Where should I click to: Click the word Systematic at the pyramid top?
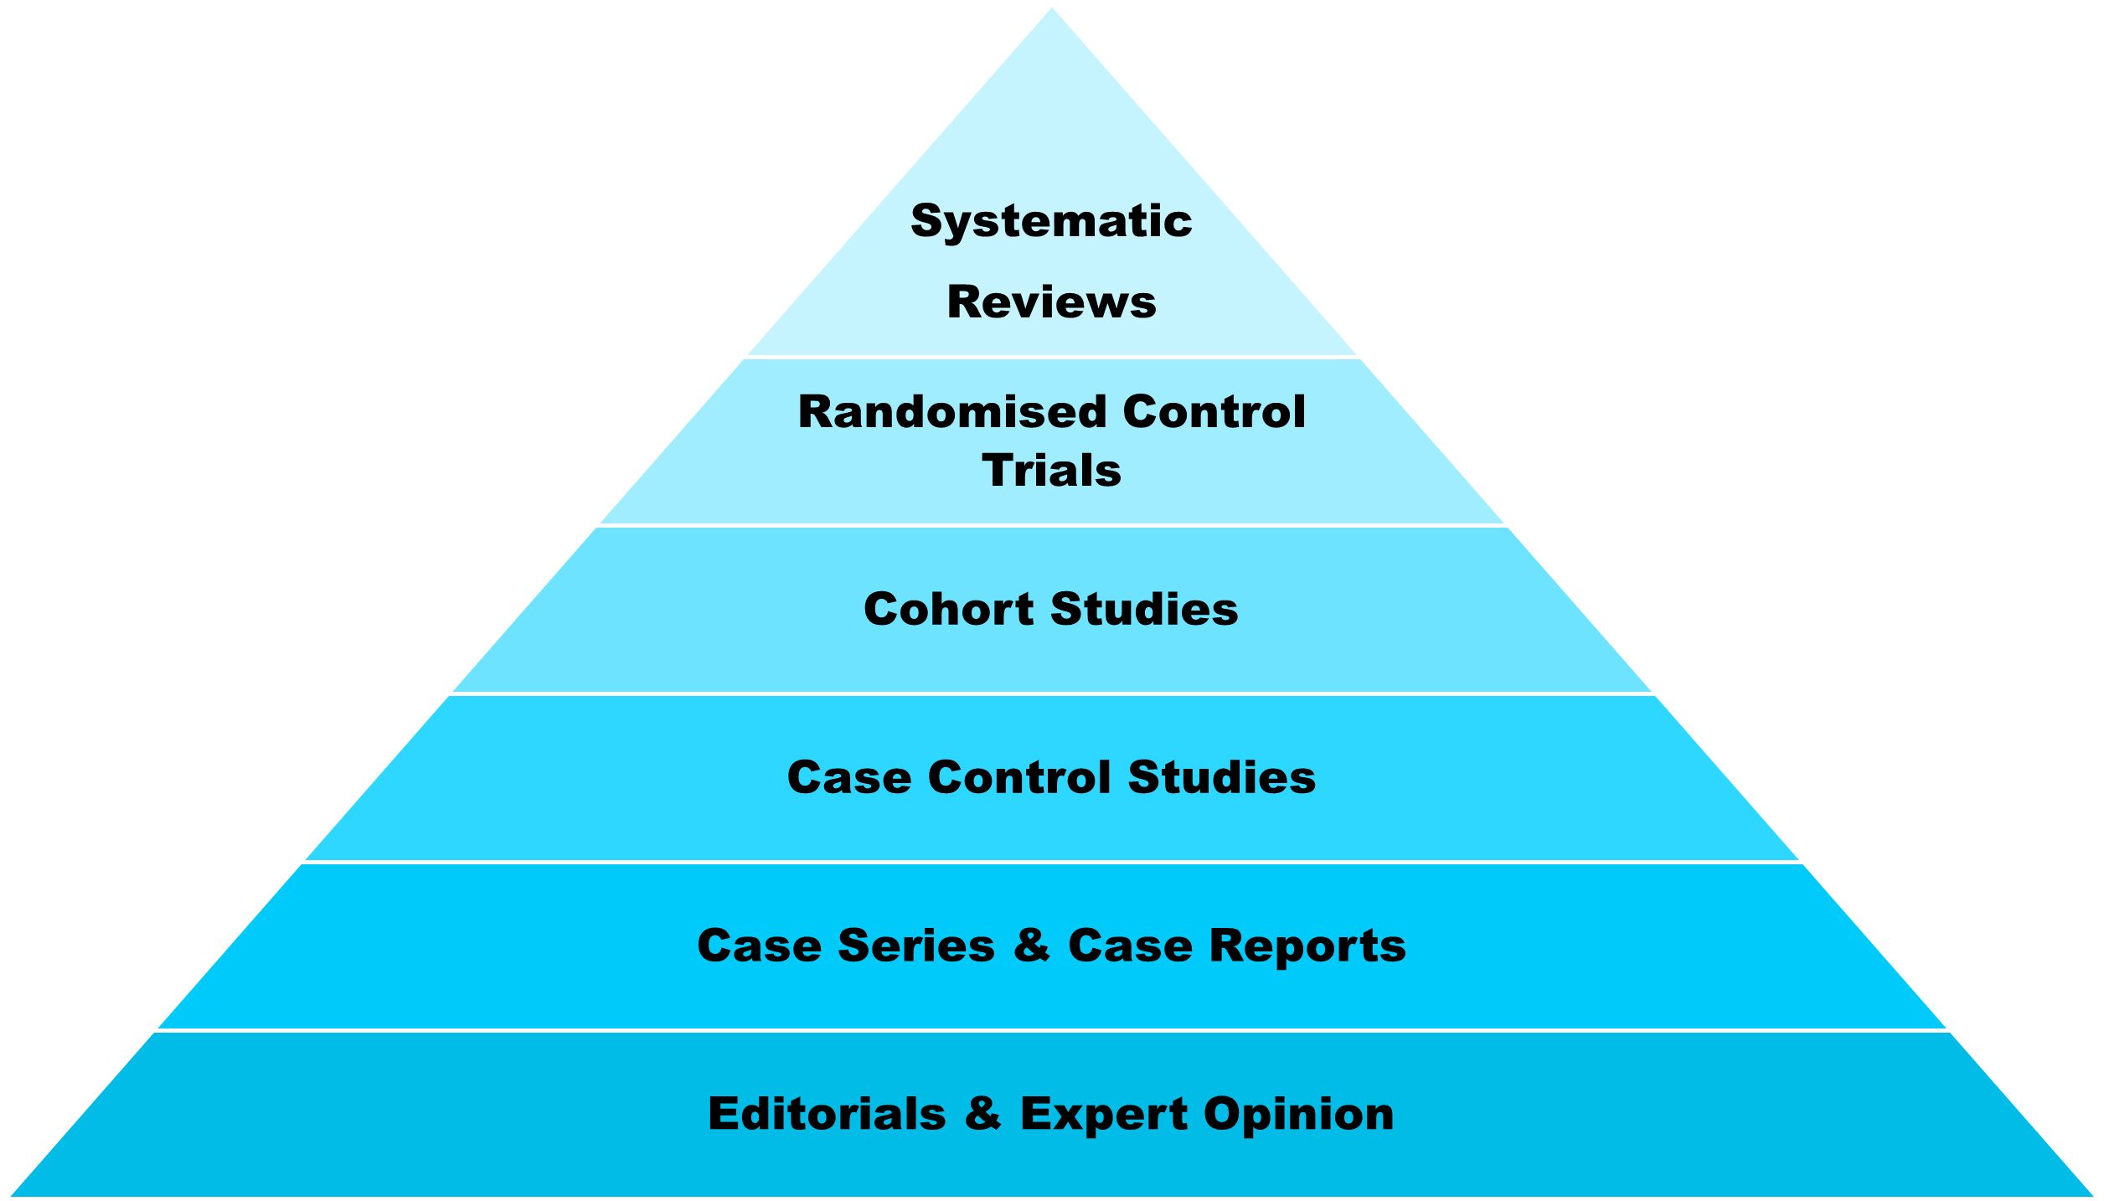coord(1051,222)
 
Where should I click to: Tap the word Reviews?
coord(1051,302)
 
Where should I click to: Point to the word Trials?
coord(1051,471)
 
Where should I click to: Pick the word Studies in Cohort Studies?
coord(1144,609)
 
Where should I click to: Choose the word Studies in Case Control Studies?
coord(1221,777)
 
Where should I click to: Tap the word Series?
coord(916,946)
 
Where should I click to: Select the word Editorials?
coord(827,1114)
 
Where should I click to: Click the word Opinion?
coord(1298,1116)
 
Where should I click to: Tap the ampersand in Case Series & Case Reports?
coord(1032,946)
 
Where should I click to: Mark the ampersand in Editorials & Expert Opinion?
coord(982,1114)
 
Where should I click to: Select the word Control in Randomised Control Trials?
coord(1214,412)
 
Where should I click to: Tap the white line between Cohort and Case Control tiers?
coord(1052,693)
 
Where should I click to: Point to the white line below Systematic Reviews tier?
coord(1052,358)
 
